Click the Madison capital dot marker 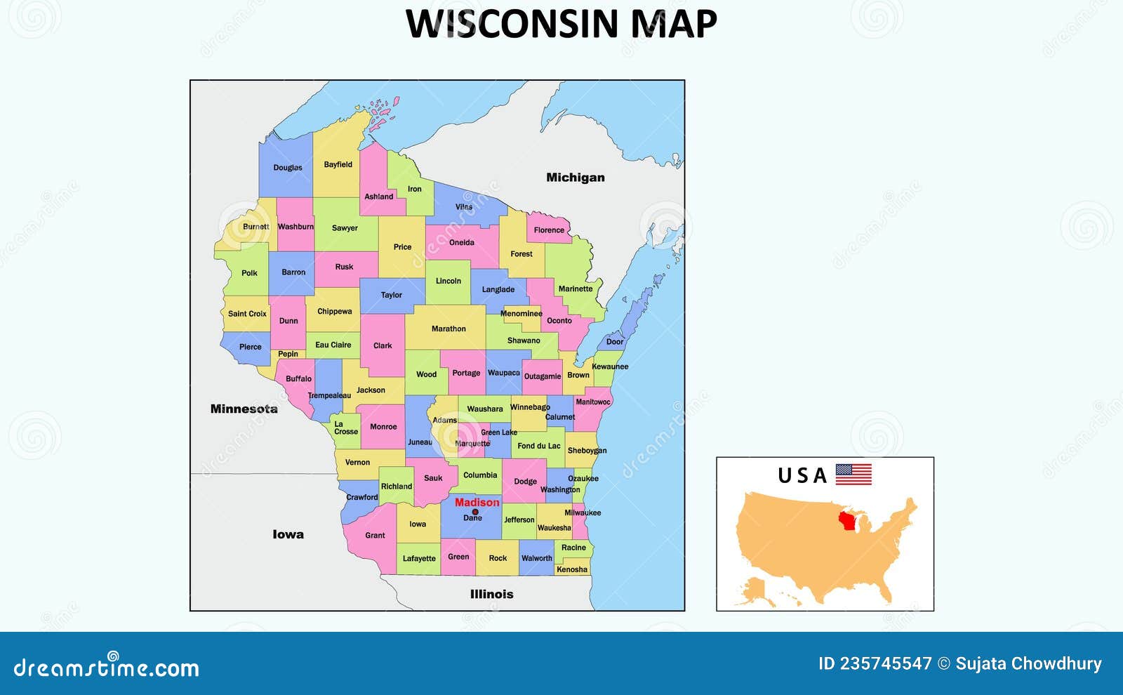475,512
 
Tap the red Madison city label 477,502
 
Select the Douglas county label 288,168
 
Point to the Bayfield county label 338,164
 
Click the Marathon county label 448,329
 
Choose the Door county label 615,342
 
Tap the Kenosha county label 571,569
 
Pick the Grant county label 375,535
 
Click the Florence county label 549,230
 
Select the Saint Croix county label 247,314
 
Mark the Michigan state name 576,178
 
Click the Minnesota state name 244,409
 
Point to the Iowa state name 288,534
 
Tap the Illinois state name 491,594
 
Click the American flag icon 853,475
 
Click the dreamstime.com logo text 107,668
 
